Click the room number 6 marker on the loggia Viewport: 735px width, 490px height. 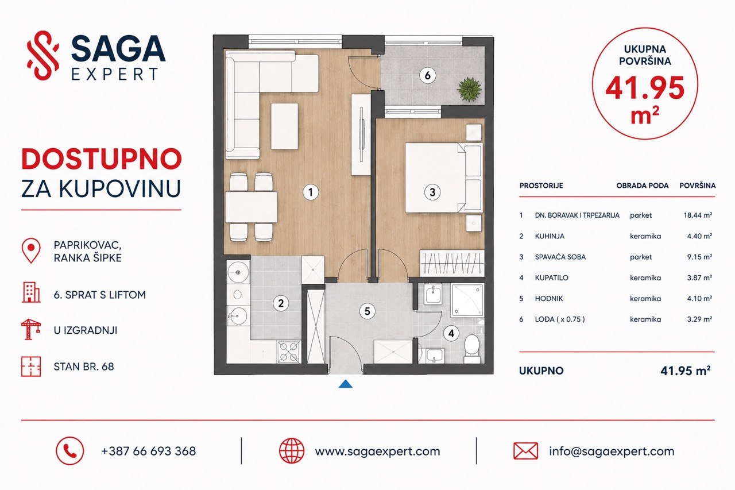428,76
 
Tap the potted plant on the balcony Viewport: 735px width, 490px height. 469,89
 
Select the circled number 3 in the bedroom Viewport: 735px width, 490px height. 432,192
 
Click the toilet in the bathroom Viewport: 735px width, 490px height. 472,349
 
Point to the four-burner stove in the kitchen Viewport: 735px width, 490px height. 289,352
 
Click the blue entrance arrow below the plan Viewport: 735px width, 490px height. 346,384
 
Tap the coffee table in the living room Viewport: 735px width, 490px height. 284,126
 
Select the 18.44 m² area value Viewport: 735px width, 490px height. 698,215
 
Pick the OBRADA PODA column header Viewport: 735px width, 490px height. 642,186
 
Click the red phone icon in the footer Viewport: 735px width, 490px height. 69,451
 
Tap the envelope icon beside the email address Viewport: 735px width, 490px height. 525,451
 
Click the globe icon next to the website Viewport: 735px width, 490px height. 291,450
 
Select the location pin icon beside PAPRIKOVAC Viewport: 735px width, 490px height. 31,250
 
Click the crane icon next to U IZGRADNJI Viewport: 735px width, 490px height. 31,329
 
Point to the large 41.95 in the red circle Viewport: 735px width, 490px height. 645,88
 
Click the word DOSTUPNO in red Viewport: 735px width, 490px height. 102,159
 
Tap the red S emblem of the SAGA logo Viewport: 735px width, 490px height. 43,56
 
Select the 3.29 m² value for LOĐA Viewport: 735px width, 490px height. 699,319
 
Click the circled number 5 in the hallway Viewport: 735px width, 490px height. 367,311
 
